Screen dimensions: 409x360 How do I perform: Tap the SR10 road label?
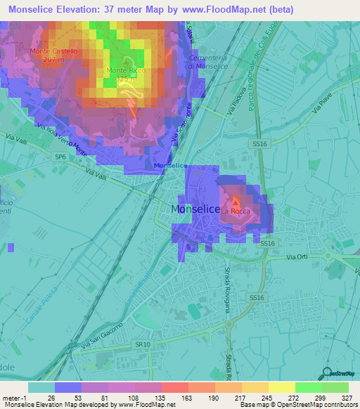click(x=143, y=344)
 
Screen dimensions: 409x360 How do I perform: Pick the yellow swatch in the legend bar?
click(x=281, y=387)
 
